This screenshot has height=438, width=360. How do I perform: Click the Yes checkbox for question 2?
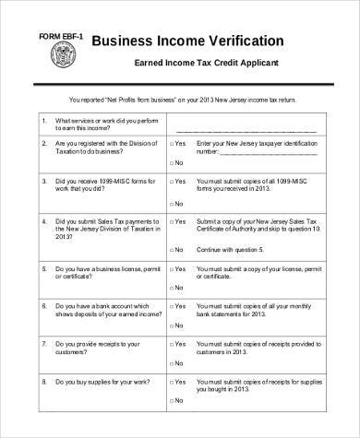(171, 145)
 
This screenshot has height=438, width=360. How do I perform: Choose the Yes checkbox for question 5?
(171, 268)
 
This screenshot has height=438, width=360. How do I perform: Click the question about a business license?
(97, 272)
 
